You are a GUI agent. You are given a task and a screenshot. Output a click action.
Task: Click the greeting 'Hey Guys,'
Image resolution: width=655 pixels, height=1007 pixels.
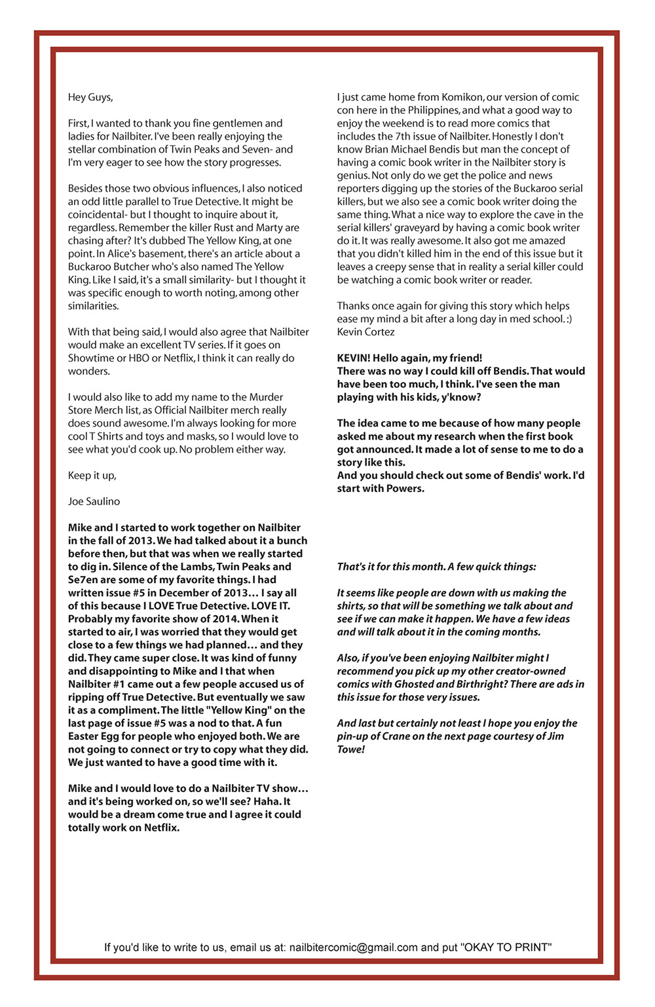tap(90, 97)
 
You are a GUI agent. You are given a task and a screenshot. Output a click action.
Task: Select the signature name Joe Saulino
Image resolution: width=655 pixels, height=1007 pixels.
tap(94, 501)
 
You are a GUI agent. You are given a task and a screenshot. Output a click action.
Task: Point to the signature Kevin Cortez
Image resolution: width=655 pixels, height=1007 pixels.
tap(365, 332)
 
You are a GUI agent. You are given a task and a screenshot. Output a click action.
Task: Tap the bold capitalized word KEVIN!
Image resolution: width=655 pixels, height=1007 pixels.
tap(354, 358)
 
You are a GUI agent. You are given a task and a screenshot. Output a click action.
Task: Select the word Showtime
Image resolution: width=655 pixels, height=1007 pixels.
tap(90, 358)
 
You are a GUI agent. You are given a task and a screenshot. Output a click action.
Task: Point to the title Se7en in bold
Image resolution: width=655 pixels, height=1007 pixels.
tap(81, 579)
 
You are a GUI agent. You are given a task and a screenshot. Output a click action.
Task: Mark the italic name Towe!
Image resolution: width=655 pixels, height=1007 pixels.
tap(351, 749)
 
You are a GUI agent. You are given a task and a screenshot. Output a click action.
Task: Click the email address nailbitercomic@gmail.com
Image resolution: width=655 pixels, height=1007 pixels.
tap(354, 947)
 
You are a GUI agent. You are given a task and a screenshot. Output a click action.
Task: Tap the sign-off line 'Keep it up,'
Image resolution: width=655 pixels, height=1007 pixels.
tap(92, 475)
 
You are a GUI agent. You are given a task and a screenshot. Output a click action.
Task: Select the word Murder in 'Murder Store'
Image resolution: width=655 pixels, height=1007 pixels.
tap(267, 397)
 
